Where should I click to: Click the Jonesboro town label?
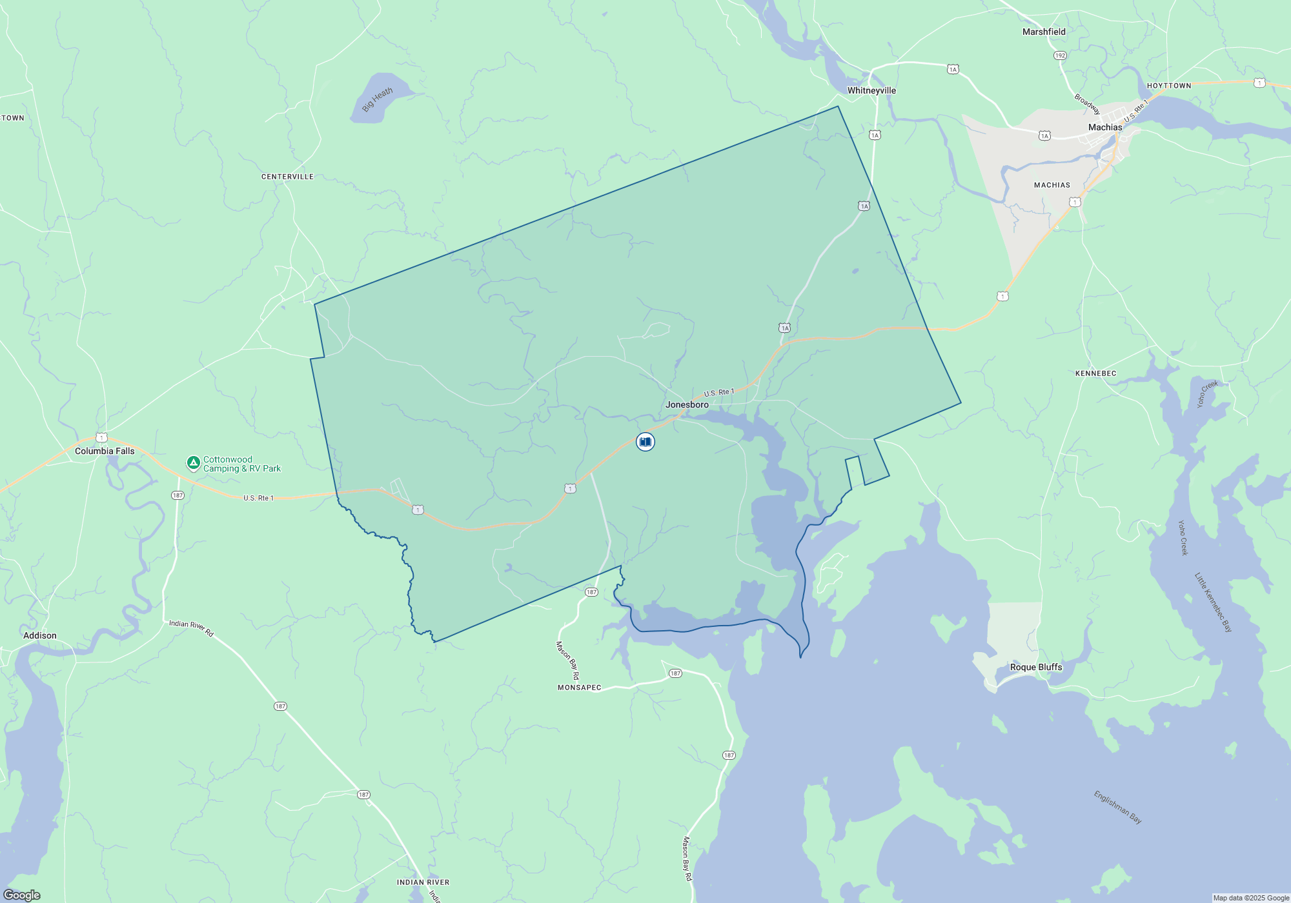coord(687,405)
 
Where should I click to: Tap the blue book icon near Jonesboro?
coord(645,442)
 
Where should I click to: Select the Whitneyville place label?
coord(871,91)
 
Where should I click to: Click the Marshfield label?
coord(1044,32)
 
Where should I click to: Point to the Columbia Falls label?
coord(105,451)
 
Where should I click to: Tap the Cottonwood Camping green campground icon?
coord(193,462)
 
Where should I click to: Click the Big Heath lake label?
coord(377,100)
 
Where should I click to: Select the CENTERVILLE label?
coord(287,177)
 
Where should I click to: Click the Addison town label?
coord(40,636)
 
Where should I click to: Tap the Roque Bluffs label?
coord(1036,668)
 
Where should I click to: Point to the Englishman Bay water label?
coord(1117,808)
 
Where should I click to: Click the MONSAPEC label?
coord(579,688)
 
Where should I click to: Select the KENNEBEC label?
coord(1095,374)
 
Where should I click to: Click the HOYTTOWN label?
coord(1169,86)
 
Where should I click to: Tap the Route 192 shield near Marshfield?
coord(1060,55)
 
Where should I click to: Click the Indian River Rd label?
coord(191,628)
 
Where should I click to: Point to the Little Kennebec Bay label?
coord(1213,602)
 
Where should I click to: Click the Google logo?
coord(22,895)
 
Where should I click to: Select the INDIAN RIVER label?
coord(423,882)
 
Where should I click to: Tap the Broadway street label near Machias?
coord(1087,104)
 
